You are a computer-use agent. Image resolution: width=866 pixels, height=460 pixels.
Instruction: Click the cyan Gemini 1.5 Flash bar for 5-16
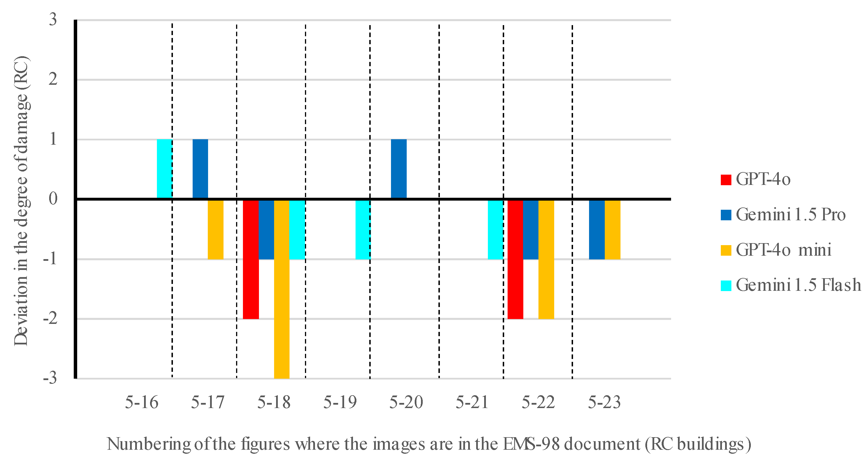click(165, 169)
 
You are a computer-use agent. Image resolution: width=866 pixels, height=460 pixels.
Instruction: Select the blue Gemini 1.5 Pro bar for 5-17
click(200, 169)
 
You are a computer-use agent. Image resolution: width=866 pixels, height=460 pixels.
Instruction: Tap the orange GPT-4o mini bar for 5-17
click(215, 229)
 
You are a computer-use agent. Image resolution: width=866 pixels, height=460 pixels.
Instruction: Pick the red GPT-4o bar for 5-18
click(251, 259)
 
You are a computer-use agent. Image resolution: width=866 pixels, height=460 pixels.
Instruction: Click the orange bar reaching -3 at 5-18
click(282, 289)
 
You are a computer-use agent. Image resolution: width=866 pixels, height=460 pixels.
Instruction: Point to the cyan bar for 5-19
click(363, 229)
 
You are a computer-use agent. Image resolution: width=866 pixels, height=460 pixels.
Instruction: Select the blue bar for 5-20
click(399, 169)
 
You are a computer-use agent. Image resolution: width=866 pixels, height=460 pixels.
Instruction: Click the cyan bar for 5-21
click(496, 229)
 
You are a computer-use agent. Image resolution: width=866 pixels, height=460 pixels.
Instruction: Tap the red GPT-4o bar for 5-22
click(515, 259)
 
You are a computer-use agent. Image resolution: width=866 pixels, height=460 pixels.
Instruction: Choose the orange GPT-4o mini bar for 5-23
click(612, 229)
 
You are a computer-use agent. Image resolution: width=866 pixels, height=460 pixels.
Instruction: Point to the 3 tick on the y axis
click(53, 19)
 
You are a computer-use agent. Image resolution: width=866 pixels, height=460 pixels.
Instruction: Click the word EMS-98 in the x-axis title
click(531, 444)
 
